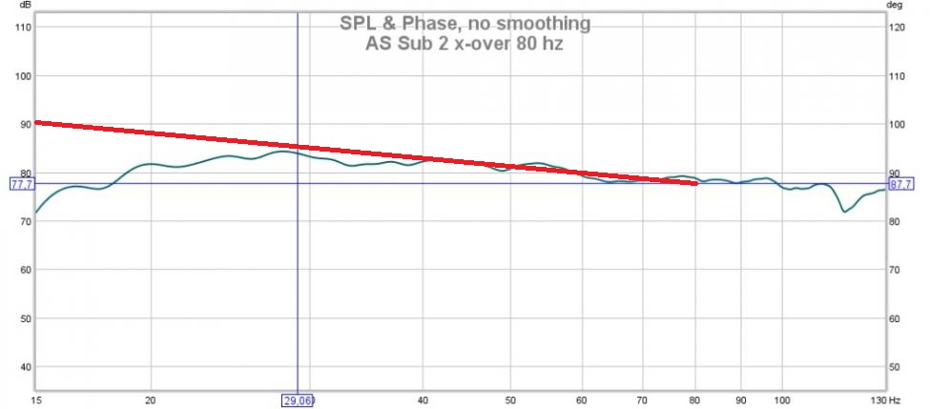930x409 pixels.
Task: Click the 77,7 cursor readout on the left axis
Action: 21,184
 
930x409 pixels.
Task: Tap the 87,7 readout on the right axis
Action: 901,184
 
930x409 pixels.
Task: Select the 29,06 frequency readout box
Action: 297,400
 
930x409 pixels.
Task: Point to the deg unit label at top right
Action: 894,5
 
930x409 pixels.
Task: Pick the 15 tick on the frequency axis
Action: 36,400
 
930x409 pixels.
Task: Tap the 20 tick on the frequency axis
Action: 151,400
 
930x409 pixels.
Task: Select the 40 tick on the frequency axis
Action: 422,400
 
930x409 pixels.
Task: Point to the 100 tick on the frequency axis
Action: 783,400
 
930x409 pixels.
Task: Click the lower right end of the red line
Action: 695,182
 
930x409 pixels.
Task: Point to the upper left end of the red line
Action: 37,122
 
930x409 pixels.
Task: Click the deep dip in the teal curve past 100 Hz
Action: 844,211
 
